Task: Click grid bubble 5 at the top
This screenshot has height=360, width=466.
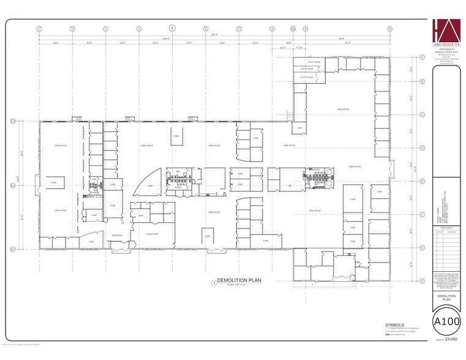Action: click(172, 28)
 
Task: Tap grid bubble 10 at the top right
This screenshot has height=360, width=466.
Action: click(389, 29)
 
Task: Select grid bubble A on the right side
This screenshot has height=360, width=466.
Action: click(423, 58)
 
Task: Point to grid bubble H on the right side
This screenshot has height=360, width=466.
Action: click(423, 281)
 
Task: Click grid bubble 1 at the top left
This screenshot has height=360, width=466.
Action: click(39, 29)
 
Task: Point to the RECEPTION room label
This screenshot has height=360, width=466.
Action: click(117, 235)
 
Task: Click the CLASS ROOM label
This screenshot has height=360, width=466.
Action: click(152, 234)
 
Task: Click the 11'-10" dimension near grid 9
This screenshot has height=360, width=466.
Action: click(299, 47)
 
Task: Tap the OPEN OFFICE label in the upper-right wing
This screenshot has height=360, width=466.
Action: click(342, 109)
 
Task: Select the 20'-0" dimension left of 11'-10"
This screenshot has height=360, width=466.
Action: click(282, 47)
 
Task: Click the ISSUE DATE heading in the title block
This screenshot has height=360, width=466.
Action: click(445, 227)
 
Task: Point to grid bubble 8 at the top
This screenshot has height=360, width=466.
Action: click(272, 29)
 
